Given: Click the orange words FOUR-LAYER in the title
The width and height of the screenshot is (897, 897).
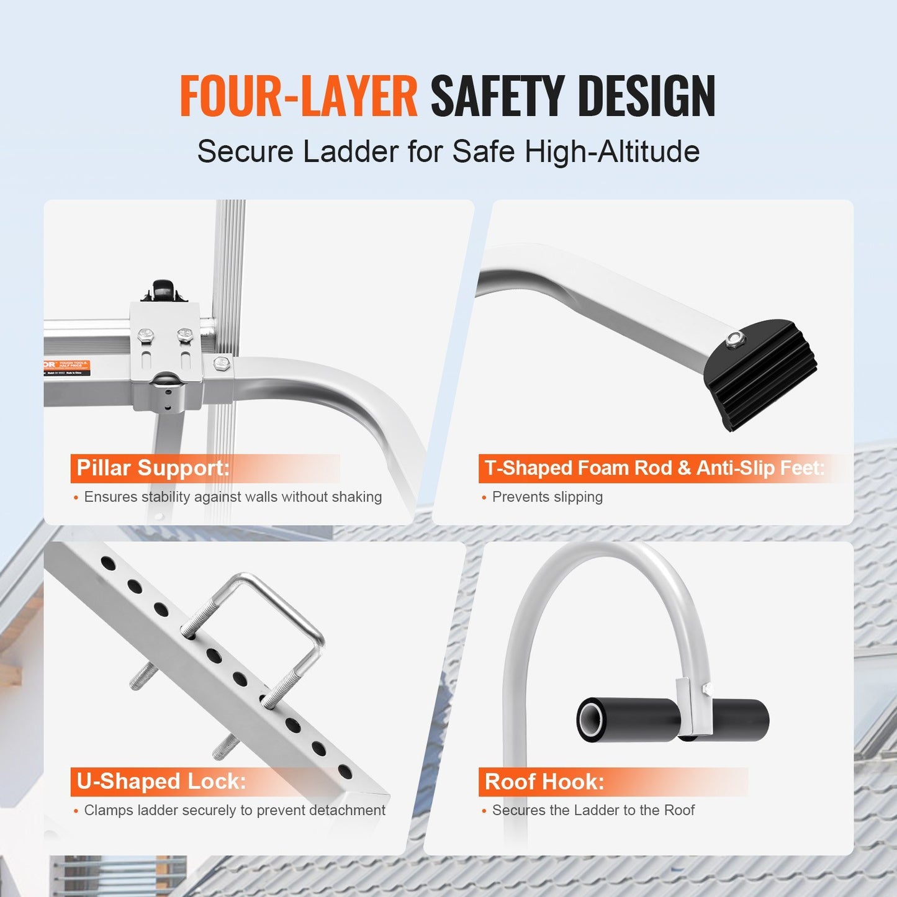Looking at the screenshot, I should click(298, 96).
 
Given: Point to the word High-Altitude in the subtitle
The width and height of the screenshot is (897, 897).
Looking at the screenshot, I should click(612, 151).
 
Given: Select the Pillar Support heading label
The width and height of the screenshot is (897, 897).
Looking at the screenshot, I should click(153, 468).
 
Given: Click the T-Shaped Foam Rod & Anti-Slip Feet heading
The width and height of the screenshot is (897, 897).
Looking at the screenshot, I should click(654, 468).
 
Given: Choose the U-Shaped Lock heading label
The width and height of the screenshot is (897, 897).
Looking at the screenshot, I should click(161, 782).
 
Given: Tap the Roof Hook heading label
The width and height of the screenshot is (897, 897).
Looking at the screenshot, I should click(544, 782).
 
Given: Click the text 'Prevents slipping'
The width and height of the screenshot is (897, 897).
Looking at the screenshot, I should click(547, 497).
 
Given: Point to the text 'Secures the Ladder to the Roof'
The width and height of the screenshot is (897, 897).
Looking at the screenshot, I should click(593, 811).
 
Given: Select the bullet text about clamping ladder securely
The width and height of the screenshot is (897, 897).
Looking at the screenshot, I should click(234, 811).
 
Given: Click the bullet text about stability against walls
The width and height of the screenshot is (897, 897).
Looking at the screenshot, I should click(233, 497).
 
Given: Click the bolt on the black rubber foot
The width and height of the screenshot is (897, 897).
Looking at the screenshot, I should click(735, 338).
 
